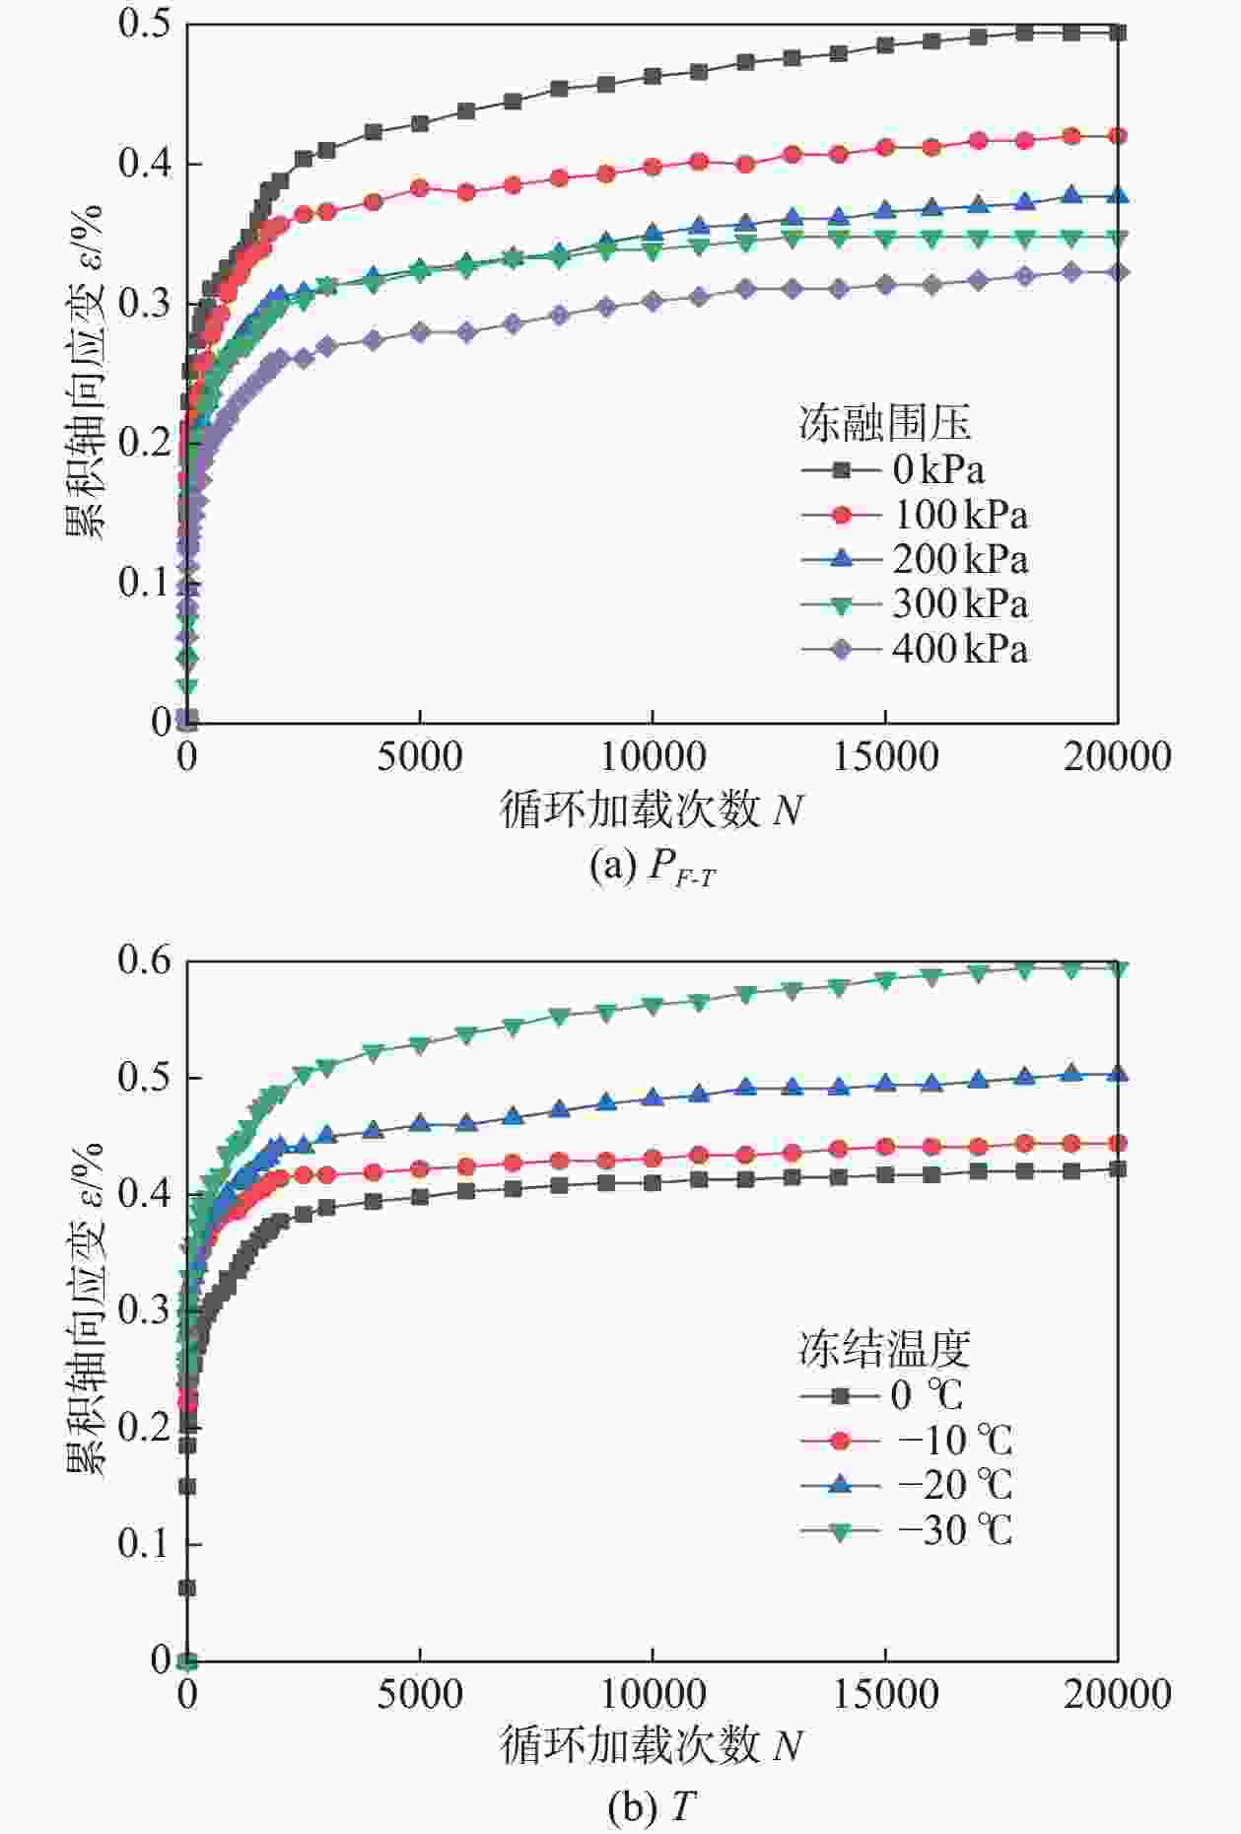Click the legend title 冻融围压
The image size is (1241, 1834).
(x=884, y=424)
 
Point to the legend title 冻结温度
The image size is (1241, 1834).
(x=884, y=1348)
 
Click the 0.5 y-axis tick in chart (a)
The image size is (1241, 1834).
(x=145, y=24)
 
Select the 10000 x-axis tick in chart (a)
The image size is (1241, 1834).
(x=653, y=757)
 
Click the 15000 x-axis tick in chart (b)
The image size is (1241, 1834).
(x=885, y=1694)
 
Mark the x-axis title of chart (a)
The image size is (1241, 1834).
(x=651, y=811)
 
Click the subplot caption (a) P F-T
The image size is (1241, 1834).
(x=652, y=867)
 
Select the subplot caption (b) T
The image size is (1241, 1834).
(x=652, y=1806)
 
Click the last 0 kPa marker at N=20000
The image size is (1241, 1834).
(x=1118, y=33)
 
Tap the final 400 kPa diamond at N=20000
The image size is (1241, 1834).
(x=1118, y=272)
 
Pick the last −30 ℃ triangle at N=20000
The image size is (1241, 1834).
(x=1118, y=968)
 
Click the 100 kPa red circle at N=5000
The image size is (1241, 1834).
(x=420, y=187)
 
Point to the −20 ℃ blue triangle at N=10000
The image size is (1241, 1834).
(x=653, y=1096)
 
